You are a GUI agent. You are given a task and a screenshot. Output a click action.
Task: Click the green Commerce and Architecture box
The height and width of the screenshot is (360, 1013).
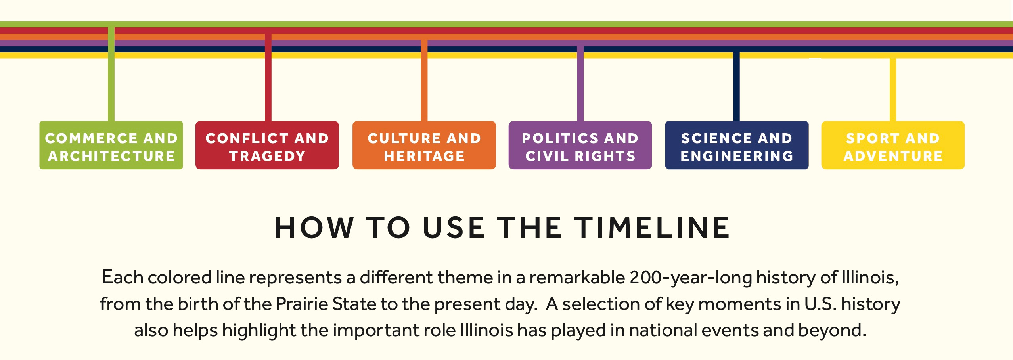[111, 145]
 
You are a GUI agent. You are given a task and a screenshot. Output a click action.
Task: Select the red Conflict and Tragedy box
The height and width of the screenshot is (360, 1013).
[267, 145]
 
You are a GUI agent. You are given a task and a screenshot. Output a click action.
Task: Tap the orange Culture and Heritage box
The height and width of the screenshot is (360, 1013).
[424, 145]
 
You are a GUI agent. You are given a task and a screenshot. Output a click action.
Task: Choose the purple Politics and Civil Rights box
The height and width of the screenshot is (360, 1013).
[580, 145]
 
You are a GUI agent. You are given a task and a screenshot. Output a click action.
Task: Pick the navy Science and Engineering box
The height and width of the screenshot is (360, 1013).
[737, 145]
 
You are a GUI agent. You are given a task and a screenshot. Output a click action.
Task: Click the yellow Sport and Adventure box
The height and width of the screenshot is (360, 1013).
[893, 145]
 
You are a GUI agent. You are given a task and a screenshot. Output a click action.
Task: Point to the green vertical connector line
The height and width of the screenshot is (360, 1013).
[111, 74]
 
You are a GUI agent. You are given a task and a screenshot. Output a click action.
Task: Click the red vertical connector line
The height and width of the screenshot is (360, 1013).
[268, 77]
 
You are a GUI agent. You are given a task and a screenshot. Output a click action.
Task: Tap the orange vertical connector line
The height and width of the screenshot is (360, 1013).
[424, 80]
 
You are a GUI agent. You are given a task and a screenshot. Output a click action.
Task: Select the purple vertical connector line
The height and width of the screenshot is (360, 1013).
[580, 84]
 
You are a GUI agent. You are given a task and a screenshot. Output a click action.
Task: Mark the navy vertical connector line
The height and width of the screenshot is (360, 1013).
[736, 87]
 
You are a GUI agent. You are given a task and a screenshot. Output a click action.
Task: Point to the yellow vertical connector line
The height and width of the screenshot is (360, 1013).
[893, 90]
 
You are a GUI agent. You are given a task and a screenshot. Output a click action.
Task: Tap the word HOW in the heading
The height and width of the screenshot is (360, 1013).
[314, 228]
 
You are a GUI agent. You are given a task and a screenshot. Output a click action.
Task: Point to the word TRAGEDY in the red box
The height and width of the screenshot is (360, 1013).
[267, 156]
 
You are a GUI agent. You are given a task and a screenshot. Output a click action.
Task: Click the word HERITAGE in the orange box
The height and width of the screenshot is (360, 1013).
[424, 156]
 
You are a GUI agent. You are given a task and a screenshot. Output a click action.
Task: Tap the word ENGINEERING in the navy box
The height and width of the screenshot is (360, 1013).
[737, 156]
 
